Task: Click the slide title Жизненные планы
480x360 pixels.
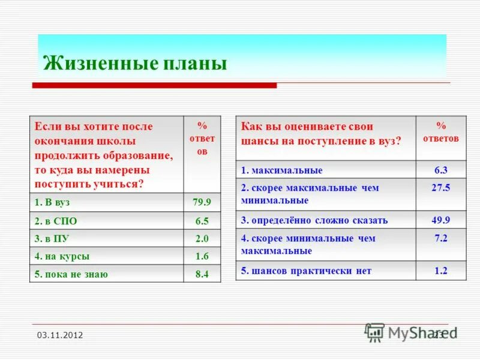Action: click(135, 63)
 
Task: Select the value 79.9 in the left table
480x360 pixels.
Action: click(202, 202)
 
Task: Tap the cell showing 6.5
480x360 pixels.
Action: click(202, 221)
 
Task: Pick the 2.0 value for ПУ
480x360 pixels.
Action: click(202, 238)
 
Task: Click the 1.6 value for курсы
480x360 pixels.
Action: click(202, 256)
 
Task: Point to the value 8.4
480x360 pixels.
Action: click(202, 275)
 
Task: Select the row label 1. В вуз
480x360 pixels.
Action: click(52, 202)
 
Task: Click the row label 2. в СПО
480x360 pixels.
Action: click(56, 221)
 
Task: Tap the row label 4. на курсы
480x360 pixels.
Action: click(62, 256)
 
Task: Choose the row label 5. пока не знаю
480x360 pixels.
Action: click(71, 275)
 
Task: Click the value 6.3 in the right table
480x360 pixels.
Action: click(441, 170)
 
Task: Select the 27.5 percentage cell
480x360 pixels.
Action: click(441, 188)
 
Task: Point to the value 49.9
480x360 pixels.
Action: click(441, 220)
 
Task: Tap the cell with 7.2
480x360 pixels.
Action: click(441, 238)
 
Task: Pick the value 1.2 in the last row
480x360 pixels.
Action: click(441, 271)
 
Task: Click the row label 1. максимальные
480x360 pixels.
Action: click(282, 170)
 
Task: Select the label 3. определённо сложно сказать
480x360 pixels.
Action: click(314, 220)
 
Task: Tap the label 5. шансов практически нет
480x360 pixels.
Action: click(306, 271)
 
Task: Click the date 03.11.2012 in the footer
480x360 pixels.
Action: click(59, 335)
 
